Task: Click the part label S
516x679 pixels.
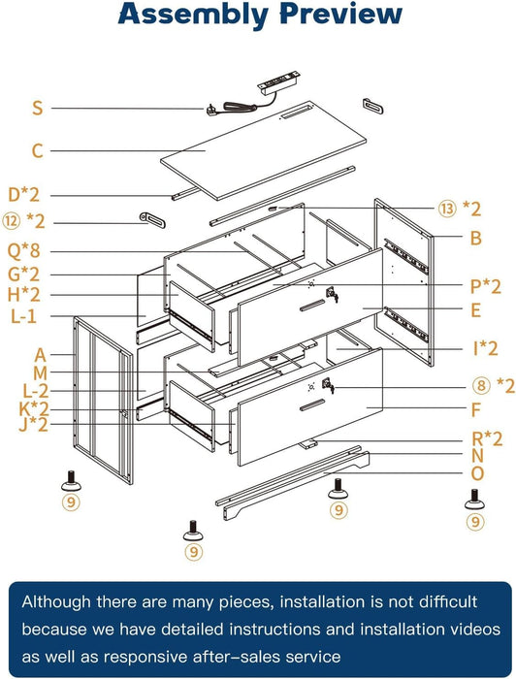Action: (38, 108)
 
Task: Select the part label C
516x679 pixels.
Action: (38, 150)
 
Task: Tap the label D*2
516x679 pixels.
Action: (24, 195)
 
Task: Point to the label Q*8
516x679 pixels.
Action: (24, 250)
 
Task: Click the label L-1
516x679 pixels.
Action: (24, 316)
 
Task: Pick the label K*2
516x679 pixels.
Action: (34, 408)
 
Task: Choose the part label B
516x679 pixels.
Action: (475, 238)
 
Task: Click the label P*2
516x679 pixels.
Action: (485, 286)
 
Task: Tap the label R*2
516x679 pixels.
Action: (487, 439)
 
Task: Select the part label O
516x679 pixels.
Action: (477, 473)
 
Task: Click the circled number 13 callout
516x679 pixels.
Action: (447, 209)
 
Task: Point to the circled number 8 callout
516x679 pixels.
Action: (481, 385)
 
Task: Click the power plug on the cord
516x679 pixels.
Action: (211, 109)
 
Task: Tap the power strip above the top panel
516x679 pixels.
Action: (278, 81)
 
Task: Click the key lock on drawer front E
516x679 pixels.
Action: (333, 294)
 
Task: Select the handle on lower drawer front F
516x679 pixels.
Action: (312, 405)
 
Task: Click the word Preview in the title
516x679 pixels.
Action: (341, 13)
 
